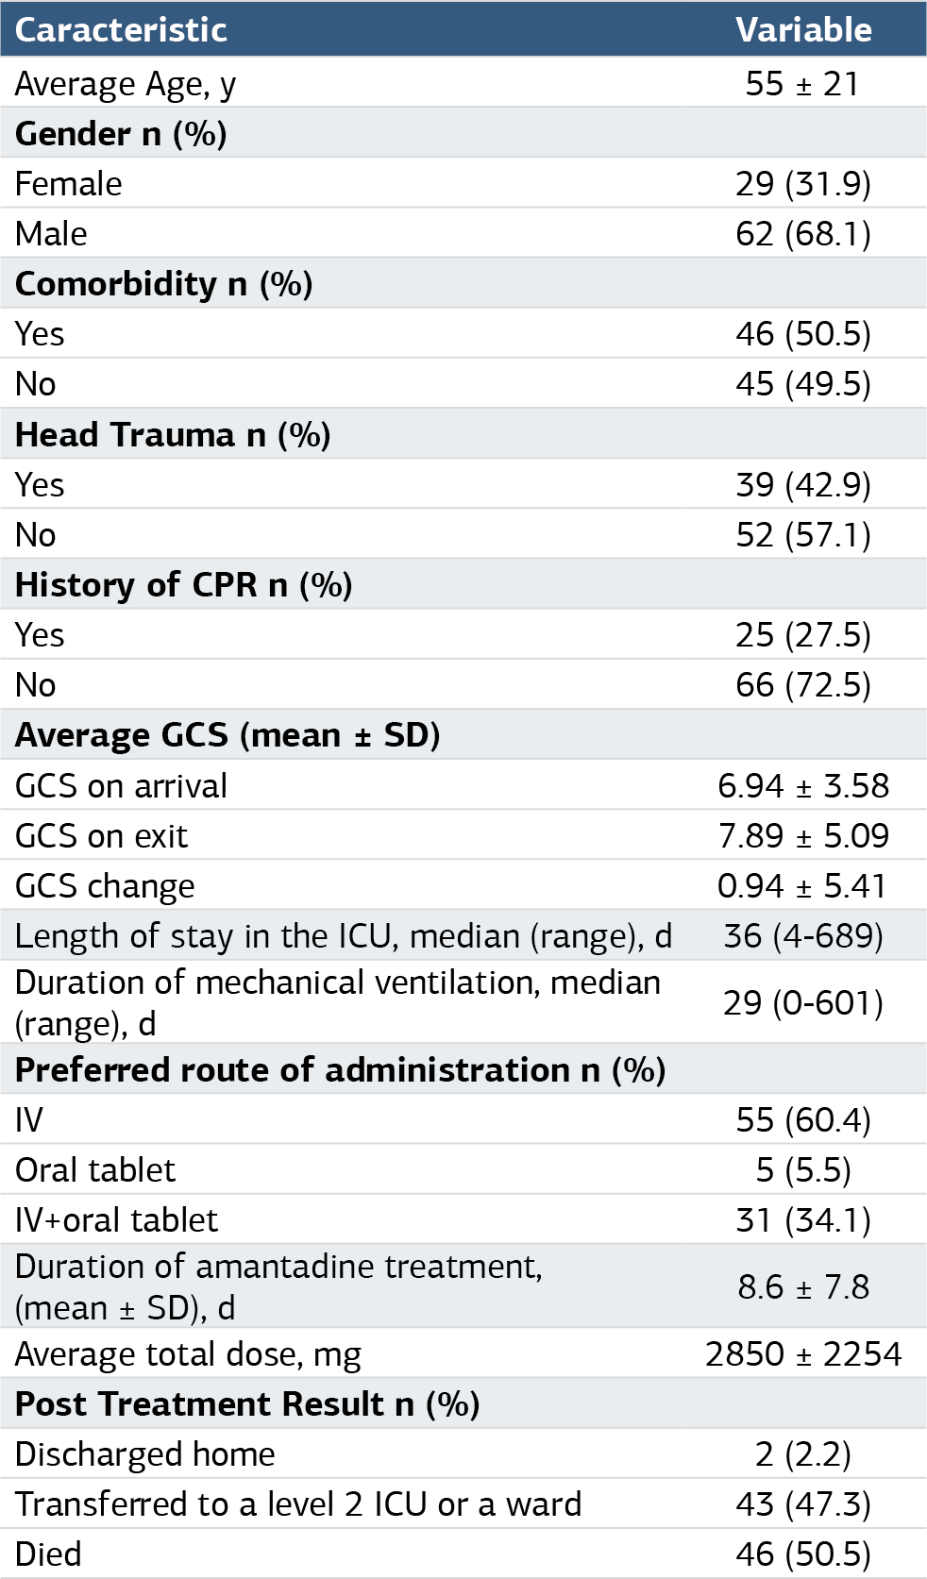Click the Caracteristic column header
(121, 29)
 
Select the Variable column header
(803, 29)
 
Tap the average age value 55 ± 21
(802, 84)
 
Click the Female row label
(68, 184)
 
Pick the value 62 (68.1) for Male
(803, 234)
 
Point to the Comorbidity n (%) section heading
(163, 284)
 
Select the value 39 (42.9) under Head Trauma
(803, 485)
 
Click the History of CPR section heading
(183, 585)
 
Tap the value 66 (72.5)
(803, 685)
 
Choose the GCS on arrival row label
(121, 786)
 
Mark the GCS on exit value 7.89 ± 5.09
(803, 836)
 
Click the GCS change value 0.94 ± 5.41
(801, 886)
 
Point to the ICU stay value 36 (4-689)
(803, 936)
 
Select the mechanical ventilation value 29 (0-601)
(803, 1003)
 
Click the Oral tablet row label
(95, 1170)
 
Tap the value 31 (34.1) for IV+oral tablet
(803, 1220)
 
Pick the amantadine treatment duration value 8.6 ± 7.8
(803, 1287)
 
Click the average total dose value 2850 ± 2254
(803, 1354)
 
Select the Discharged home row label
(144, 1454)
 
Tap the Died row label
(48, 1554)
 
